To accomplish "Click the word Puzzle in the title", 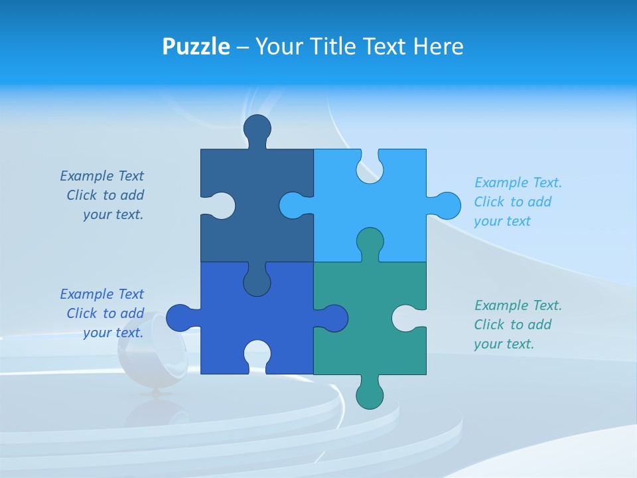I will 196,47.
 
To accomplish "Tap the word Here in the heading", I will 438,47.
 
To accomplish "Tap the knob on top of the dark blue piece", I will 257,129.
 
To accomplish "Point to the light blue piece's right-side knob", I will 446,206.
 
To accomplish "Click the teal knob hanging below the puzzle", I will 370,395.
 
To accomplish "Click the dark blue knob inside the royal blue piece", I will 257,282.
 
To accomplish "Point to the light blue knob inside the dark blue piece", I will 293,206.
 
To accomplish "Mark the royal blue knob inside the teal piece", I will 334,318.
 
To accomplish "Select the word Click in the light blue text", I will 488,202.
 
